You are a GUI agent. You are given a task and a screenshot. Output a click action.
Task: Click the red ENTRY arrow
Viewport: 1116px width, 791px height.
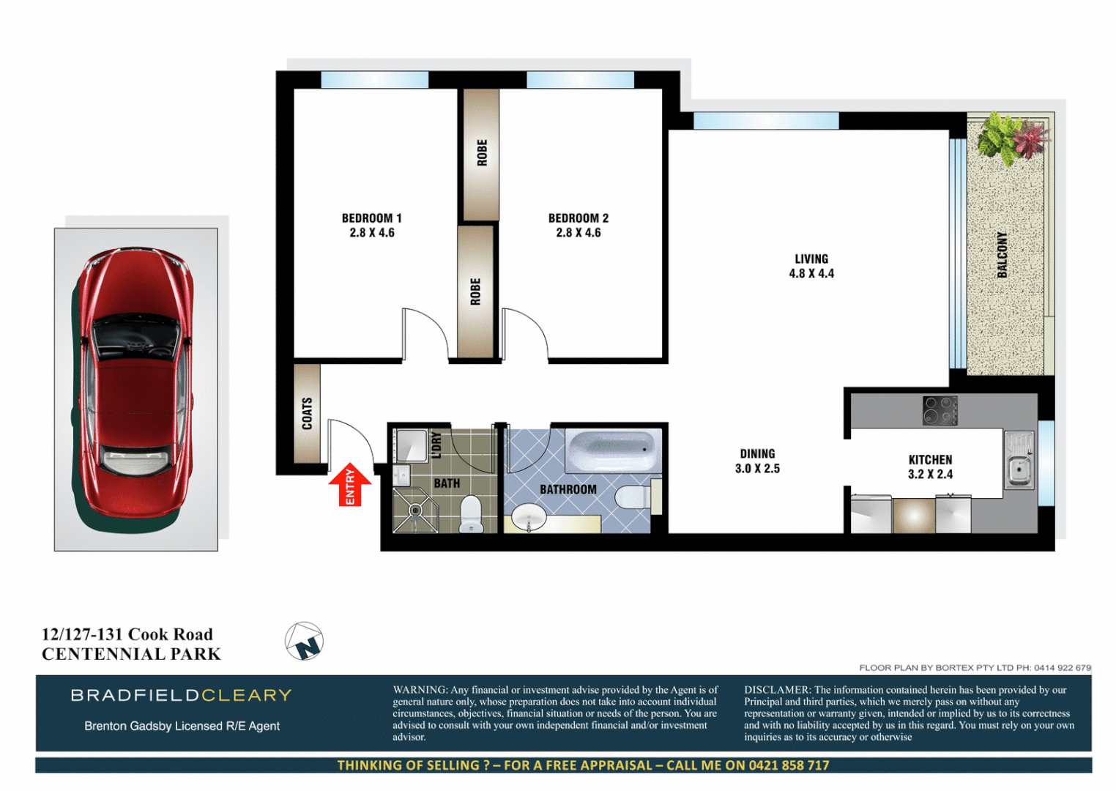(x=349, y=485)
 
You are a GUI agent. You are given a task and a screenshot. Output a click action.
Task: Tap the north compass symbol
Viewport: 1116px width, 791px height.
(x=304, y=642)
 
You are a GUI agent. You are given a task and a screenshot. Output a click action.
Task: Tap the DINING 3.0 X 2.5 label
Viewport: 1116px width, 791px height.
(x=757, y=461)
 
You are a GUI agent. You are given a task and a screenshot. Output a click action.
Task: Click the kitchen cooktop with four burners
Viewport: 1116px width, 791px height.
(x=940, y=410)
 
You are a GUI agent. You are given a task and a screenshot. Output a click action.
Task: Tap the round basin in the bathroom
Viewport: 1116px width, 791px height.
(x=529, y=518)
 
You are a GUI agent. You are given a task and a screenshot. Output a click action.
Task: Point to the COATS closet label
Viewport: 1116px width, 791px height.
(x=308, y=414)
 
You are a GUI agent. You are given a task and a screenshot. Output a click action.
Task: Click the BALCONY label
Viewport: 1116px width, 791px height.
(x=1002, y=255)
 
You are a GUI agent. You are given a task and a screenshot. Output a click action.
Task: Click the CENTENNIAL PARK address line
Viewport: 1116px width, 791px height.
(x=131, y=654)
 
